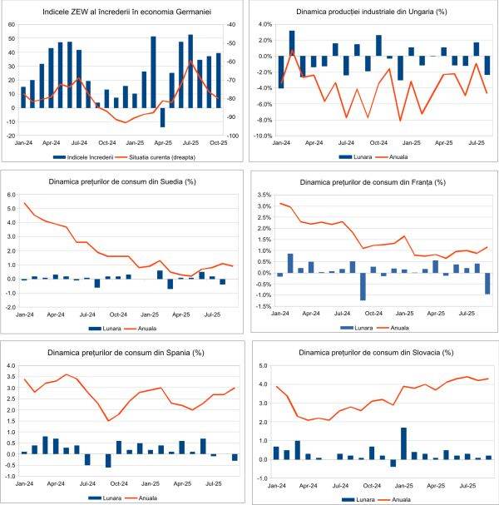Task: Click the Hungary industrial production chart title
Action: (370, 12)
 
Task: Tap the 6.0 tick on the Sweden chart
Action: (12, 195)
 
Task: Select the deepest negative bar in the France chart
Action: (363, 286)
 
